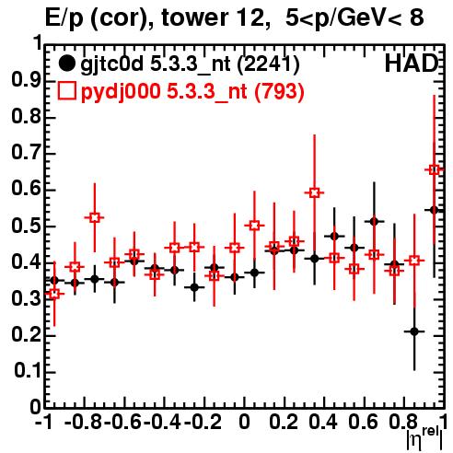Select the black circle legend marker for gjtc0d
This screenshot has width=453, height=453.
click(x=66, y=64)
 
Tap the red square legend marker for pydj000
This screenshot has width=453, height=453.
click(x=66, y=91)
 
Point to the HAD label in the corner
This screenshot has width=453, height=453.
click(x=411, y=64)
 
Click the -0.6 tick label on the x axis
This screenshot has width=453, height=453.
click(x=122, y=422)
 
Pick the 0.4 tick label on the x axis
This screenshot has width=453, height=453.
click(x=323, y=422)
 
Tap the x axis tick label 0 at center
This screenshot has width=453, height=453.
click(x=244, y=422)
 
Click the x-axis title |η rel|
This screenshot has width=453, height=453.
click(x=424, y=439)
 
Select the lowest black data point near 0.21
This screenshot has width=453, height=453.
click(x=414, y=331)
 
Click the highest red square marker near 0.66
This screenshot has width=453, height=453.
click(x=434, y=169)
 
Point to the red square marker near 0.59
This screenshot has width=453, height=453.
click(x=314, y=193)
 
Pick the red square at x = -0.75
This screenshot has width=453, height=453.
click(x=95, y=217)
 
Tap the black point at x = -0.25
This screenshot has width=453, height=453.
click(x=194, y=287)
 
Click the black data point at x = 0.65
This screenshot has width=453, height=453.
click(x=374, y=221)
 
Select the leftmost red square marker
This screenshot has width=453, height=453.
click(x=54, y=294)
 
